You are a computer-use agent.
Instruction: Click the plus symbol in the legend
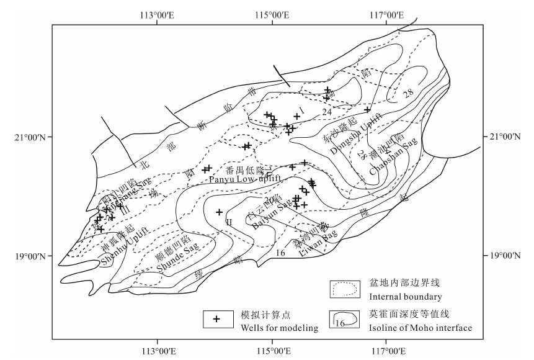click(216, 318)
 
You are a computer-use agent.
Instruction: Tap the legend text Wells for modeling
click(274, 328)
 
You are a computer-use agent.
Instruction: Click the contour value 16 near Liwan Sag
click(280, 253)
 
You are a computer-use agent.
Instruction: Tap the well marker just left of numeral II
click(219, 212)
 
